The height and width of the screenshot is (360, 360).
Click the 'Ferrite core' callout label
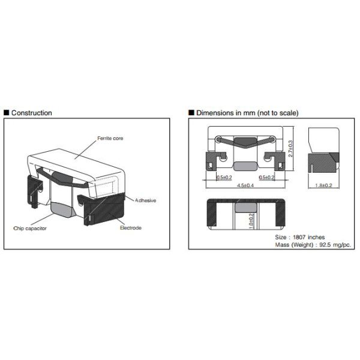(x=110, y=138)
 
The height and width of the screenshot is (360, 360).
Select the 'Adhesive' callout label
(x=146, y=200)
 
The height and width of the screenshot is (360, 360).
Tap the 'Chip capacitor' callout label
(x=30, y=229)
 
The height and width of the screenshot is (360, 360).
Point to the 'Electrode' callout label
(x=131, y=228)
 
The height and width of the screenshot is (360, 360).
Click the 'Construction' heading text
(x=32, y=113)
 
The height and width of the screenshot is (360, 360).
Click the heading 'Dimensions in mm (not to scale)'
(x=247, y=113)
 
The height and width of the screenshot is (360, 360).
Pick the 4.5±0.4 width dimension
(x=245, y=185)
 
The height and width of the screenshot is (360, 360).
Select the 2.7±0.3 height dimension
(x=290, y=149)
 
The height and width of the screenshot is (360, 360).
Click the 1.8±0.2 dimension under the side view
(x=323, y=185)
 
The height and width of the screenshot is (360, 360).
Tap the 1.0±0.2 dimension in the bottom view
(x=251, y=221)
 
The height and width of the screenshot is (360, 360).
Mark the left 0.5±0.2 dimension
(x=224, y=178)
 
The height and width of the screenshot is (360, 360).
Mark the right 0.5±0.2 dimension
(x=267, y=178)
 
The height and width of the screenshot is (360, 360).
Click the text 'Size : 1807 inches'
(x=300, y=237)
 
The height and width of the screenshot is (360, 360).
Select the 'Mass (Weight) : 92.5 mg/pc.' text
(x=313, y=245)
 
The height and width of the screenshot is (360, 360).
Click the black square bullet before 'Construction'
(x=7, y=113)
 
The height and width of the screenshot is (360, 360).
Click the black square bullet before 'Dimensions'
(x=191, y=113)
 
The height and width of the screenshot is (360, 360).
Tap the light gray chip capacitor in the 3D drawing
(x=62, y=209)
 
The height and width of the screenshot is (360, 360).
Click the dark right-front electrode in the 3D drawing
(x=104, y=209)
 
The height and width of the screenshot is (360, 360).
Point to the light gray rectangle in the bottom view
(x=246, y=208)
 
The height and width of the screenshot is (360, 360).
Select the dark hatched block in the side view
(x=322, y=163)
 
